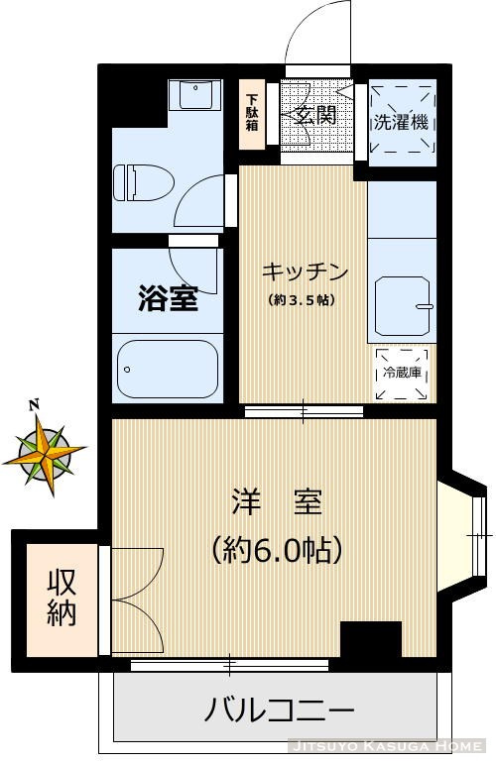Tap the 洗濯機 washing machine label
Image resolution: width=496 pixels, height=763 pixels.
coord(401,124)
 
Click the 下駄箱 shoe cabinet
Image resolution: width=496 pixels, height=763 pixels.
coord(252,114)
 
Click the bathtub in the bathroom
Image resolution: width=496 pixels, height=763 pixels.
coord(167,368)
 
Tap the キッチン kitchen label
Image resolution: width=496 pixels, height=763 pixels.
coord(305,271)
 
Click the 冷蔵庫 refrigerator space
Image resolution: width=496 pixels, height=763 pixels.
coord(402,374)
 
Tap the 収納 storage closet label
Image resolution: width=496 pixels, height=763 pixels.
coord(62,598)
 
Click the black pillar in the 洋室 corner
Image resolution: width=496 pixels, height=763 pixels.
coord(370,639)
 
